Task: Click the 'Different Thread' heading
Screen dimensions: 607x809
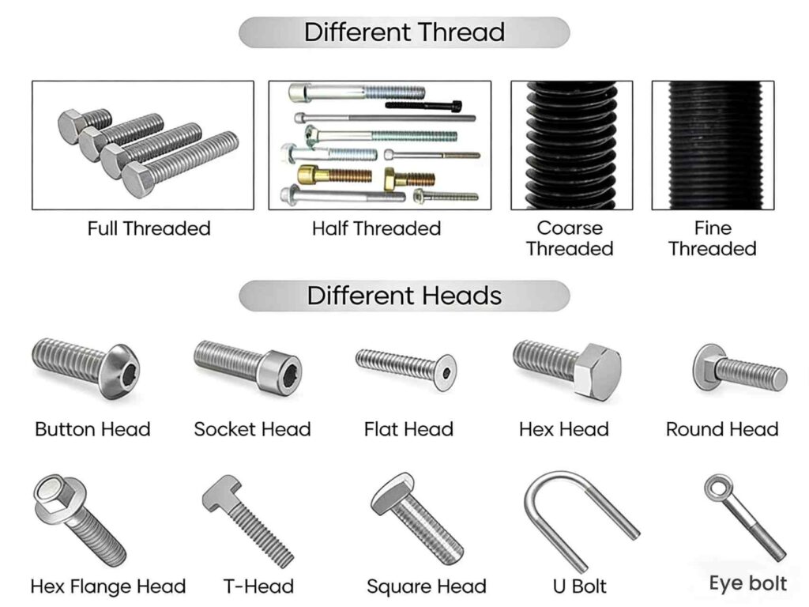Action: click(404, 32)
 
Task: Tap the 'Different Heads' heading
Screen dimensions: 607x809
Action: click(404, 296)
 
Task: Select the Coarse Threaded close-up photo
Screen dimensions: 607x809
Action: click(571, 145)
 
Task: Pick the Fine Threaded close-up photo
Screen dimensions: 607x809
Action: click(712, 145)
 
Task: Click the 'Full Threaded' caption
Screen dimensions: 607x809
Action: click(149, 229)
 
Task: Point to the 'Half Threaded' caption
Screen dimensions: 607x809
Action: click(376, 229)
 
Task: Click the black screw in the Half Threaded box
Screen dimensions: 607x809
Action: click(423, 104)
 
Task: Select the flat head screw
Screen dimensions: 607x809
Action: click(404, 368)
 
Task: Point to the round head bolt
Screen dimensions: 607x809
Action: click(739, 368)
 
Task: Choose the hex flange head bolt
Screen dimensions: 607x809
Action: click(79, 518)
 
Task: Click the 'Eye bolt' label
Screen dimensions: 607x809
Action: click(747, 584)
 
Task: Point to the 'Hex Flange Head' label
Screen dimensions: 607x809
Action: click(108, 587)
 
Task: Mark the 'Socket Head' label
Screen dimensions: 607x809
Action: click(252, 430)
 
